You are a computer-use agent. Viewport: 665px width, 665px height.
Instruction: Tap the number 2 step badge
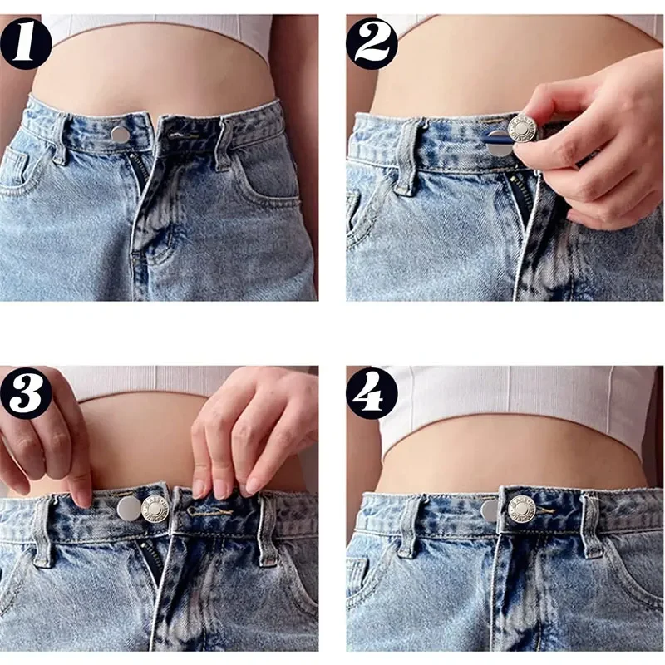372,42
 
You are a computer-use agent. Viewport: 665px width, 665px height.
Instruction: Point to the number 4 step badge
372,393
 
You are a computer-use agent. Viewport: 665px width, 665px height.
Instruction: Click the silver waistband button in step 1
120,134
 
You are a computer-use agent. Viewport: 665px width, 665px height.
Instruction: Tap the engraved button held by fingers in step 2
523,129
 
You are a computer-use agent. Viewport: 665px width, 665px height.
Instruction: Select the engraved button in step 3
155,509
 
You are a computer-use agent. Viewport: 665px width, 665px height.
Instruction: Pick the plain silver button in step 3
129,509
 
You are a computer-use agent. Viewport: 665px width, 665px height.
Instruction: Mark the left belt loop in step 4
408,526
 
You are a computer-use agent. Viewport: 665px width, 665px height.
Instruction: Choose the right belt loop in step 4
590,525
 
